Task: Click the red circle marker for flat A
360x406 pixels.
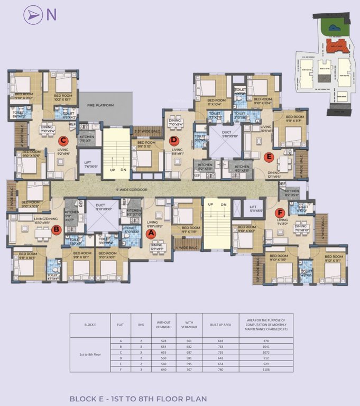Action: point(150,232)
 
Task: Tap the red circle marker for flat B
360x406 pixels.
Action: point(57,229)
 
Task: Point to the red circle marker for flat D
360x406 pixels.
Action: point(174,140)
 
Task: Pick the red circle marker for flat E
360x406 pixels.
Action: point(269,156)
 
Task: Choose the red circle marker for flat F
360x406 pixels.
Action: point(280,213)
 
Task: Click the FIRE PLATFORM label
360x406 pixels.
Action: point(101,106)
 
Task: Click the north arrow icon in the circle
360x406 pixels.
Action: point(34,15)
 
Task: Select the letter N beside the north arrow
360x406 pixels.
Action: point(52,15)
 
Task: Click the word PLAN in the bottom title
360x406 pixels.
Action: point(194,399)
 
